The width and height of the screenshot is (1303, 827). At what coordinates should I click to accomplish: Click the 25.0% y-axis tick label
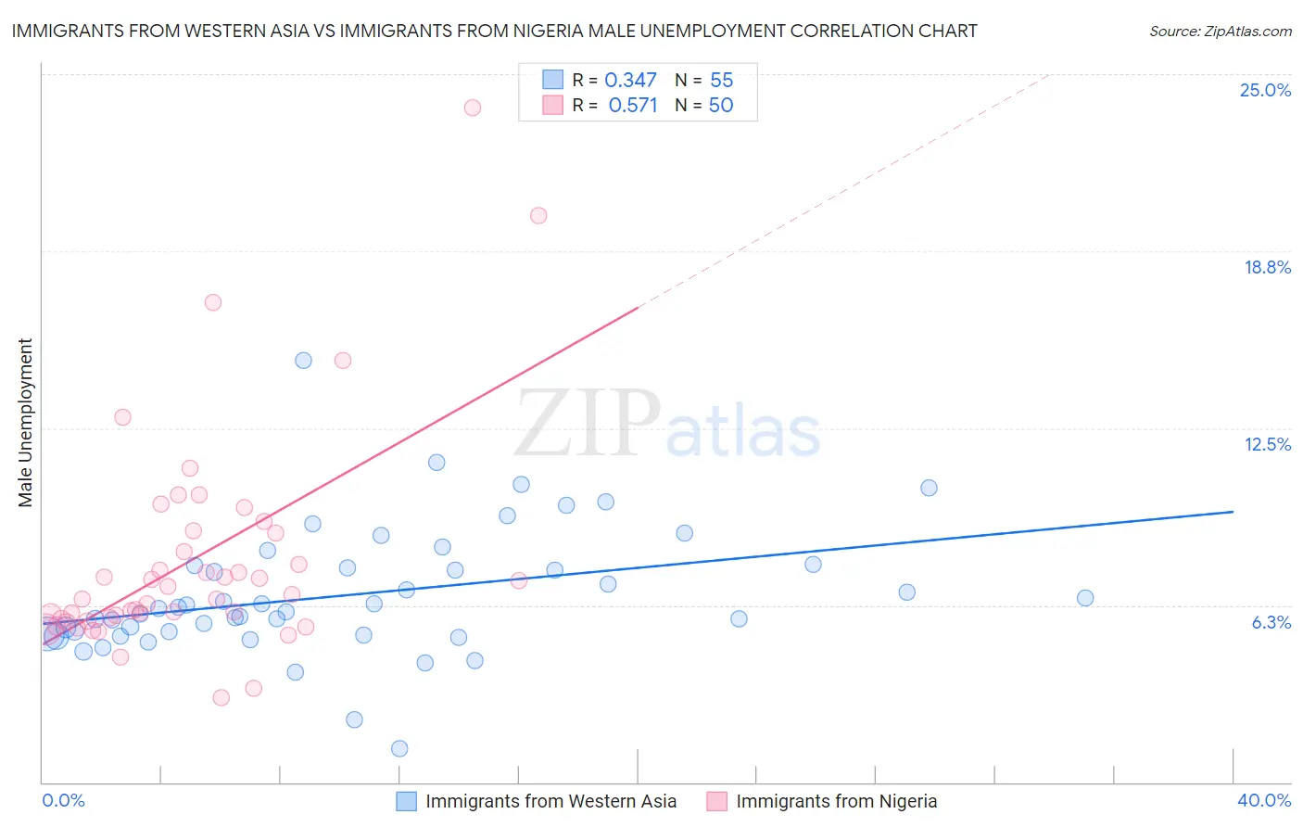coord(1265,90)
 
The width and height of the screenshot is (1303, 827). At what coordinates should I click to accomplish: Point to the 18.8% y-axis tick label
coord(1267,267)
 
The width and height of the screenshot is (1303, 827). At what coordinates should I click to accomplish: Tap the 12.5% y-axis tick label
coord(1267,444)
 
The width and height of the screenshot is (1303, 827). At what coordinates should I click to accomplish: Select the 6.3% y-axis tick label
coord(1271,622)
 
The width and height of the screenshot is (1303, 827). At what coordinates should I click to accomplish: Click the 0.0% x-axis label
coord(63,800)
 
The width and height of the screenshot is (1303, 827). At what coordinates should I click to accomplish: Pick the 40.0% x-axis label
coord(1263,800)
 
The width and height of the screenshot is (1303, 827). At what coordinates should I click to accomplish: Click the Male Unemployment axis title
coord(25,423)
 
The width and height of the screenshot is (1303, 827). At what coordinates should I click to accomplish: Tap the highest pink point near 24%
coord(473,108)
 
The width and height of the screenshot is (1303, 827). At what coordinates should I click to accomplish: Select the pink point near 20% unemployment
coord(538,216)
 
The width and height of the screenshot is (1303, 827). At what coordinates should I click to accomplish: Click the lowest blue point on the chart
coord(399,748)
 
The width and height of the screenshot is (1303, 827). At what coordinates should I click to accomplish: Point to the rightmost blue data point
coord(1085,598)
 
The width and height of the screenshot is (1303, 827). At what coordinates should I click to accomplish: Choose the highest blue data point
coord(303,361)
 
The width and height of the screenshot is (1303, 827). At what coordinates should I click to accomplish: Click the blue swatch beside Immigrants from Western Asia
coord(406,801)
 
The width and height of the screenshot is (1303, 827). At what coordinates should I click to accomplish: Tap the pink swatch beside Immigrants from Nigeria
coord(716,801)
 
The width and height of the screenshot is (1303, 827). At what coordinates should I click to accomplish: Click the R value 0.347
coord(630,81)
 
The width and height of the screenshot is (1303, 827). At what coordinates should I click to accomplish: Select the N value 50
coord(720,106)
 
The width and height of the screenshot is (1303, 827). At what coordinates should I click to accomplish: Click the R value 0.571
coord(632,106)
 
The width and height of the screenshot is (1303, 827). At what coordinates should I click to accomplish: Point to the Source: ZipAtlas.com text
coord(1220,32)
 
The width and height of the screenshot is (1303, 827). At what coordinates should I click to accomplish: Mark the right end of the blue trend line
coord(1233,512)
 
